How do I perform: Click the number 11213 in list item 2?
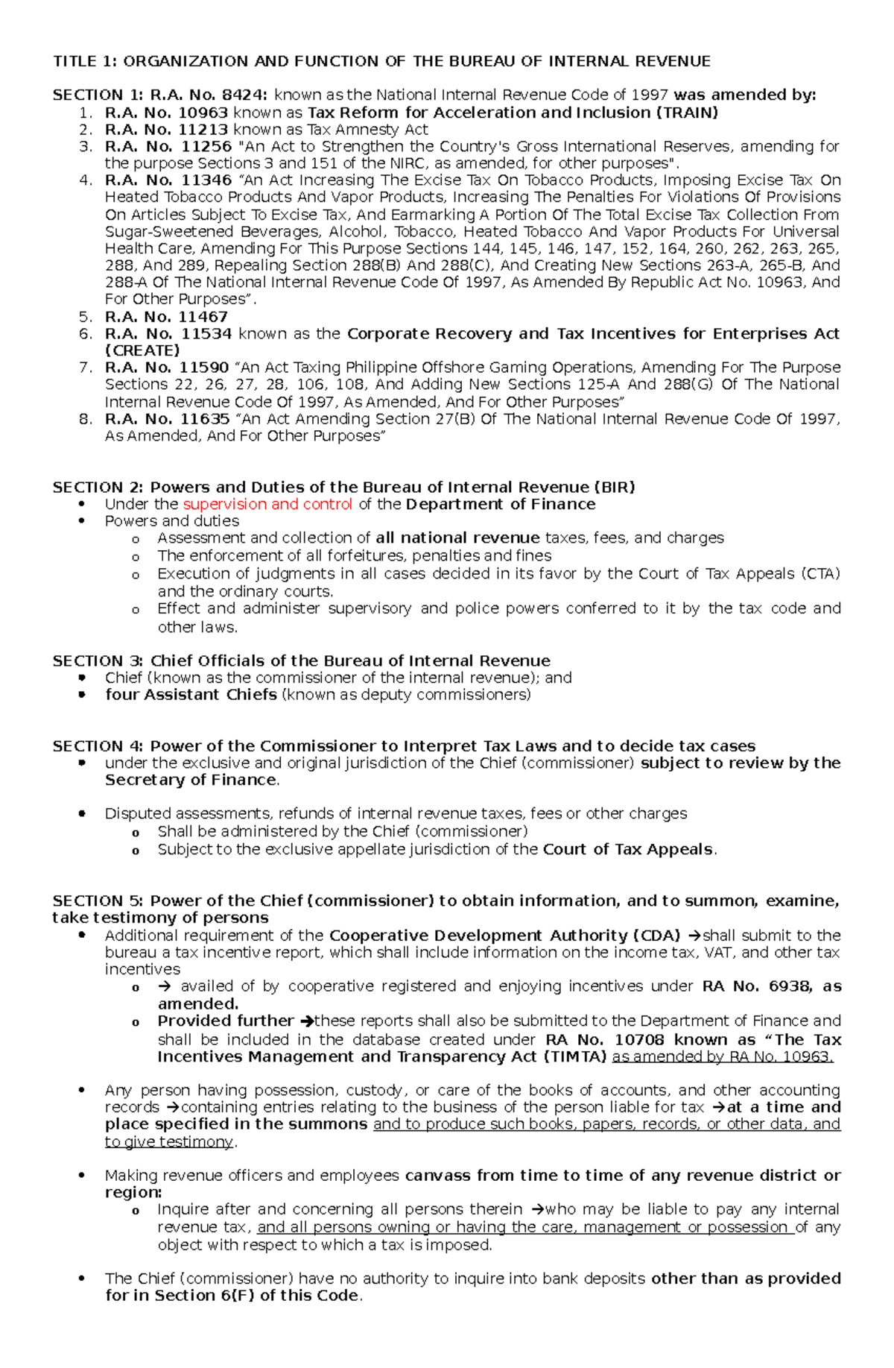point(203,130)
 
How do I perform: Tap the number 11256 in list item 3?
point(206,146)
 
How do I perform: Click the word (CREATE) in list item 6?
point(142,350)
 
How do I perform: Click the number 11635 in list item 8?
point(205,419)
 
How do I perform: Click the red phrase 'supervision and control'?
point(267,505)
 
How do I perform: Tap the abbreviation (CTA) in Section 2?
point(820,574)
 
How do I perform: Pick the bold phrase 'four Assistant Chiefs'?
point(191,695)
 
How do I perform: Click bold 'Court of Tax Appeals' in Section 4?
point(627,850)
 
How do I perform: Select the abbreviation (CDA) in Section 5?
point(656,936)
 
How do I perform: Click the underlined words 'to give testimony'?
point(169,1142)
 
